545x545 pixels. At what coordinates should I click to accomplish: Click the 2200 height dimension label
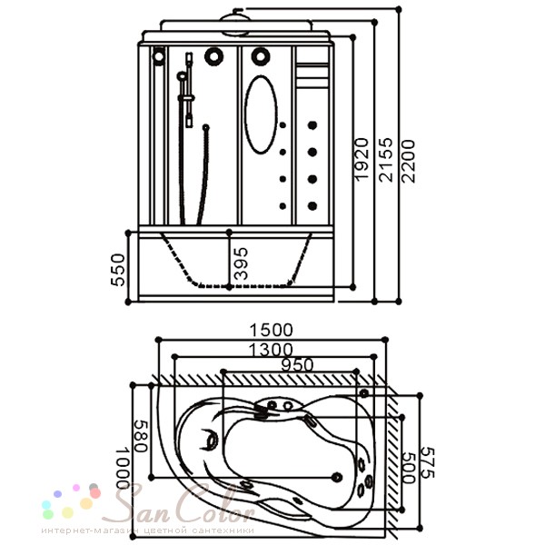click(407, 161)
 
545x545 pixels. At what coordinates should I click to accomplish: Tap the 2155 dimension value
click(386, 160)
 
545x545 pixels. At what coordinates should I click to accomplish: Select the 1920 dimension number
click(362, 159)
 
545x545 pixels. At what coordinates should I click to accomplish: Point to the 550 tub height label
click(118, 270)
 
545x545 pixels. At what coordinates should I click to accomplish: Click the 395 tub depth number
click(241, 263)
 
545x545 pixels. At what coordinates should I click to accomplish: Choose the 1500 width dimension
click(272, 330)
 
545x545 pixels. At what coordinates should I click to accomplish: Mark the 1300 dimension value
click(271, 350)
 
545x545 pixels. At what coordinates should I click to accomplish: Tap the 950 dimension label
click(297, 365)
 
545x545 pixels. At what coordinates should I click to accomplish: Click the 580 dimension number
click(141, 436)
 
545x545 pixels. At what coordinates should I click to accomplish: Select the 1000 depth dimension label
click(123, 468)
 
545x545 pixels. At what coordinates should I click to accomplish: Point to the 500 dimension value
click(409, 468)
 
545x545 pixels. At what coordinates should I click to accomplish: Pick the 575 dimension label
click(428, 462)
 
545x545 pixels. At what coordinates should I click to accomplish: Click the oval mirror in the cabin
click(261, 114)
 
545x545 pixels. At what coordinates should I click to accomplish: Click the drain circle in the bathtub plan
click(336, 477)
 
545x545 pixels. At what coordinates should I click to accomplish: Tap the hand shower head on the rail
click(182, 75)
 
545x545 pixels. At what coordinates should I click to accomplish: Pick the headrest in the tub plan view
click(210, 440)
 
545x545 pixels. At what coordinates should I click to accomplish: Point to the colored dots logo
click(71, 500)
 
